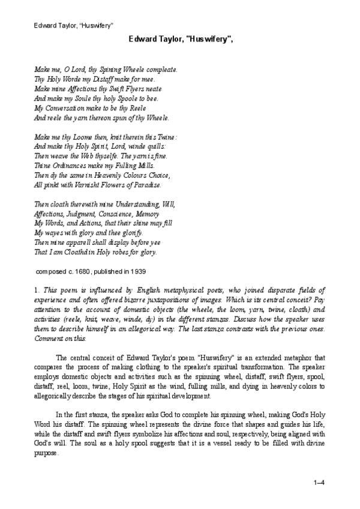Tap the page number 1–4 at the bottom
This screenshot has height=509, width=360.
[x=319, y=482]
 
